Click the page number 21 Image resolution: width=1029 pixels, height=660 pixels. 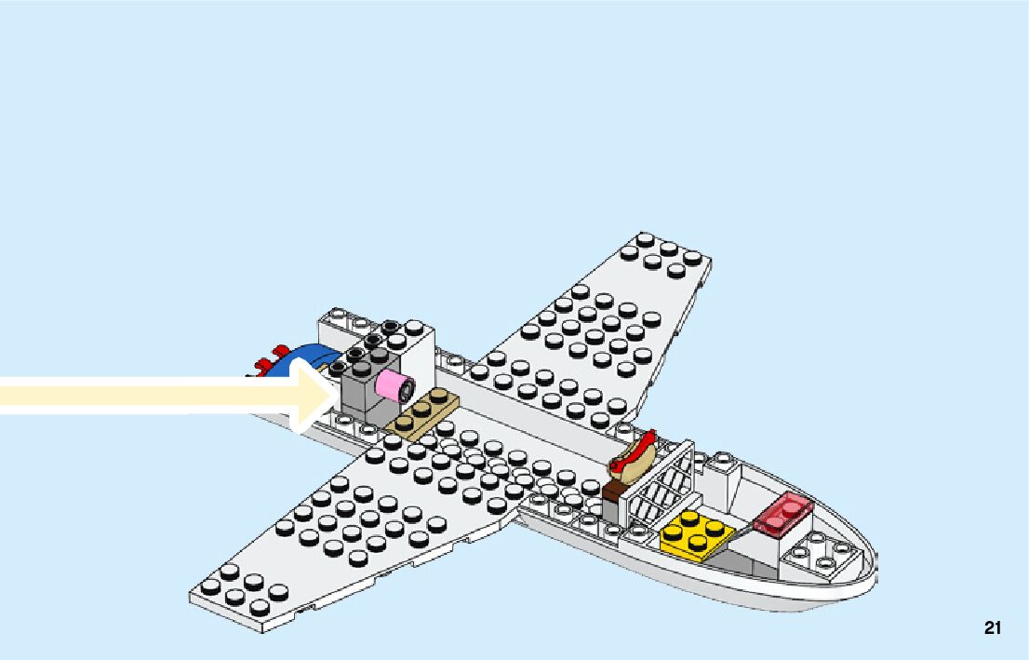coord(992,628)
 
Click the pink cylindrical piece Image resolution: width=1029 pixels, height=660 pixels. coord(394,385)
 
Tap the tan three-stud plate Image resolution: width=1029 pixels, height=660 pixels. coord(421,412)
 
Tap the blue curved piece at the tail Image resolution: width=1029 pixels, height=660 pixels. coord(310,357)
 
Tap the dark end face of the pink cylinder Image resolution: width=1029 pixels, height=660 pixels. coord(404,385)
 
